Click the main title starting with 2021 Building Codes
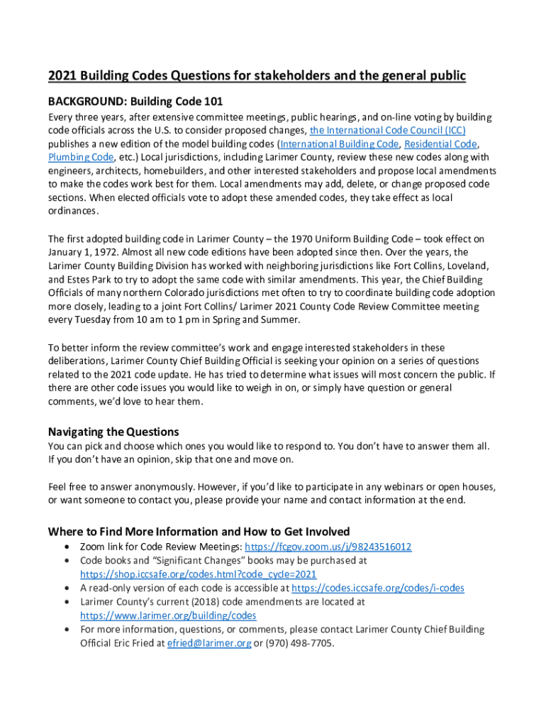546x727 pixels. point(257,76)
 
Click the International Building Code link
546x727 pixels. point(339,144)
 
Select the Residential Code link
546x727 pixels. point(440,144)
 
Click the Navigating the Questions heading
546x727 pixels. point(113,432)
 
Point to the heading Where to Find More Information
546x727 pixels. point(199,532)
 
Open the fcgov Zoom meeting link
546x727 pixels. point(328,547)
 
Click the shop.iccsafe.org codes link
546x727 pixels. point(198,574)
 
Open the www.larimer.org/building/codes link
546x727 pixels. point(168,616)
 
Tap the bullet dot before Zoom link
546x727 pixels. point(66,547)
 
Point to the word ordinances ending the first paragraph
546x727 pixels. point(73,211)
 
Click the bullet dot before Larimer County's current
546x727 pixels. point(66,602)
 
